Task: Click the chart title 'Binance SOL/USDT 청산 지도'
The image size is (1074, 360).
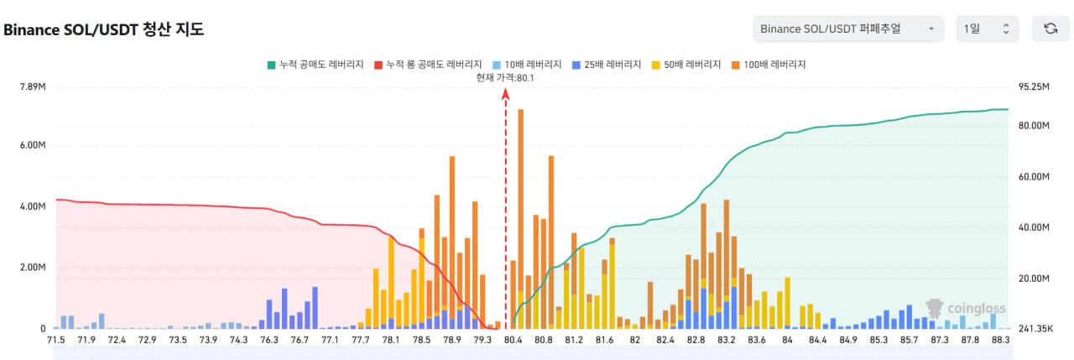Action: click(x=103, y=29)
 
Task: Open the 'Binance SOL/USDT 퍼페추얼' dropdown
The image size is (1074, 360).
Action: click(x=847, y=29)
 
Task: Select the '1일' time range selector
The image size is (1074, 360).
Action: click(x=987, y=29)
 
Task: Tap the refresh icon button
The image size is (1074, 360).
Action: click(x=1050, y=29)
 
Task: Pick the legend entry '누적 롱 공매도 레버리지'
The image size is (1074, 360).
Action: click(x=429, y=65)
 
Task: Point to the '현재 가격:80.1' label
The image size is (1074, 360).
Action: click(x=505, y=77)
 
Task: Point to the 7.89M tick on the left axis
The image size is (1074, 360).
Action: click(x=32, y=86)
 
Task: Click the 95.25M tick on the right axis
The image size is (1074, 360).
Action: click(x=1034, y=86)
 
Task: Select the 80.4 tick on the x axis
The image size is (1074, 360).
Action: click(x=513, y=340)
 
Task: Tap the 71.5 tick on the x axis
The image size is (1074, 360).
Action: click(x=56, y=340)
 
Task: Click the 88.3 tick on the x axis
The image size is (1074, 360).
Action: click(x=1000, y=340)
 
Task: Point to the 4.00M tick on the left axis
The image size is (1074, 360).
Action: click(x=32, y=206)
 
